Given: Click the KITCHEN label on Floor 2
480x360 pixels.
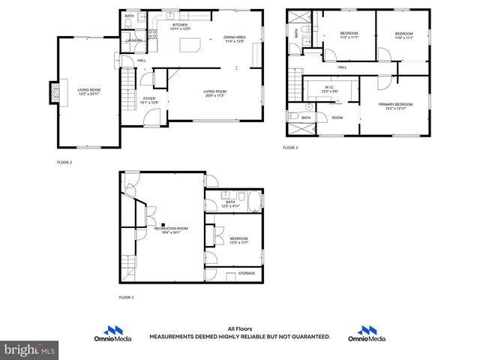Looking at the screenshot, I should pyautogui.click(x=180, y=25).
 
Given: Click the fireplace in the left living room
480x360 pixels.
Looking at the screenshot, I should pyautogui.click(x=53, y=92).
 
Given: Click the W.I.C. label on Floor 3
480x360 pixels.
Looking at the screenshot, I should pyautogui.click(x=330, y=88).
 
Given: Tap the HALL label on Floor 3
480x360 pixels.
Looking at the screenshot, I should pyautogui.click(x=342, y=67).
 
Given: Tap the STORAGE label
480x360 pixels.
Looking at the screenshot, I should pyautogui.click(x=247, y=273).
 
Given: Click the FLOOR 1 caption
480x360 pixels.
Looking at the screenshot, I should pyautogui.click(x=127, y=298).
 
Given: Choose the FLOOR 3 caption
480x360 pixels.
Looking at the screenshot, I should pyautogui.click(x=290, y=148).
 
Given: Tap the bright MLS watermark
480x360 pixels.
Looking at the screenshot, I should pyautogui.click(x=30, y=349).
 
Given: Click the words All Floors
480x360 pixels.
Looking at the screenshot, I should pyautogui.click(x=238, y=328).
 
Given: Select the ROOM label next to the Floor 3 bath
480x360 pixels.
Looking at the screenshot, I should pyautogui.click(x=337, y=118).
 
